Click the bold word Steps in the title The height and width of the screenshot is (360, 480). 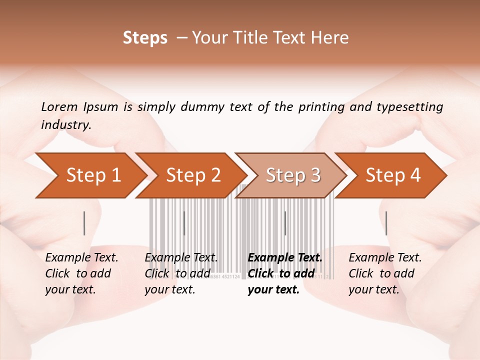tap(145, 38)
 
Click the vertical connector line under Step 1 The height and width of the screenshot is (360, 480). tap(84, 223)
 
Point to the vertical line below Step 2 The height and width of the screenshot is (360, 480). tap(184, 223)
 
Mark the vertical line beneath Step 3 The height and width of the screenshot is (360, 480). tap(285, 223)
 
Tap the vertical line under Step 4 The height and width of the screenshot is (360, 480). tap(386, 223)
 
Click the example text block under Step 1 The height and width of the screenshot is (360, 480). tap(81, 273)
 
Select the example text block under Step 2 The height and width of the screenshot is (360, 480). tap(180, 273)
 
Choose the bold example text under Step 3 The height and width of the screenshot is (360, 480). tap(284, 273)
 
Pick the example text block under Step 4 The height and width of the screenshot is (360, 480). tap(384, 273)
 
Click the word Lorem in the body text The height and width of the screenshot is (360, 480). tap(59, 106)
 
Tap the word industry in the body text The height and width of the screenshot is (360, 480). tap(66, 125)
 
